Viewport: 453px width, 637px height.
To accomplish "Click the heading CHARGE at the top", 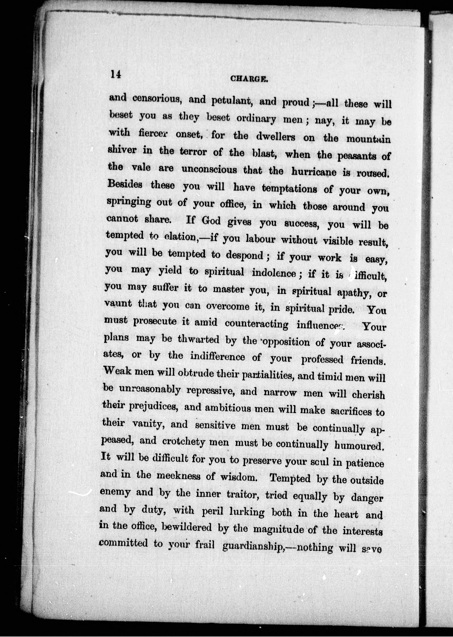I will (249, 79).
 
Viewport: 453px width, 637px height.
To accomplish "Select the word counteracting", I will (256, 324).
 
